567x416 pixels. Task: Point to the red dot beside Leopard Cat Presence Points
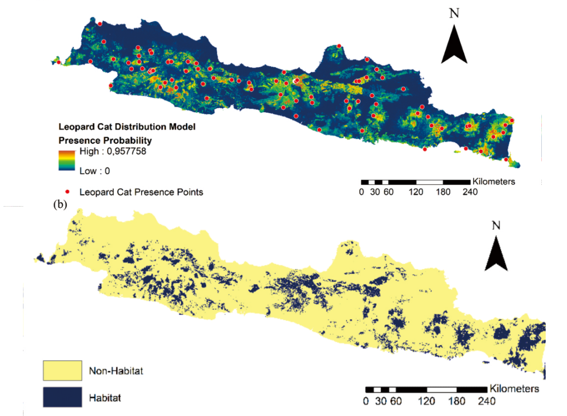click(x=67, y=192)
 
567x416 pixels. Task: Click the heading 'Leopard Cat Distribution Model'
click(x=127, y=127)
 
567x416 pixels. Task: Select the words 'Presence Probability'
click(x=105, y=140)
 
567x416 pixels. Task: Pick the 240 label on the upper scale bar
click(x=470, y=192)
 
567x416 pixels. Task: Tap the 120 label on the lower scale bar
click(x=426, y=401)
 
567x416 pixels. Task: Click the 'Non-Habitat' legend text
click(x=115, y=371)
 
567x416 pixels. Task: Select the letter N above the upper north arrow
click(x=454, y=13)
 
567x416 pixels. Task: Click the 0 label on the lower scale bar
click(x=365, y=401)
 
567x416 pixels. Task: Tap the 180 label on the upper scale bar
click(x=443, y=192)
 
